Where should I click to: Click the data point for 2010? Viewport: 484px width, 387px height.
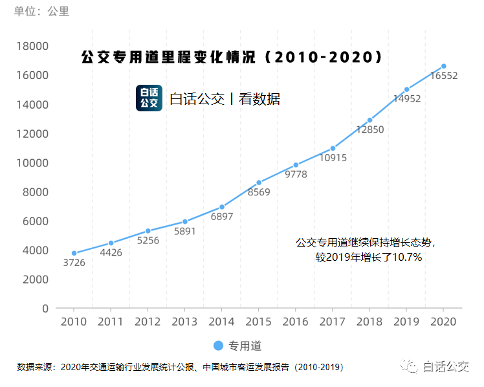[x=74, y=253]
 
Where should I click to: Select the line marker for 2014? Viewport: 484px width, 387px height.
[x=222, y=207]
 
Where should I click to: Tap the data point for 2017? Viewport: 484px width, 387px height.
[x=333, y=148]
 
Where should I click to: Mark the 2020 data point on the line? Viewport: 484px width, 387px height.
[x=444, y=66]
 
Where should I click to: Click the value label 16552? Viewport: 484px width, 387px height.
[x=444, y=76]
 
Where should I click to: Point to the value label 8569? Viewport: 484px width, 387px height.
[x=259, y=192]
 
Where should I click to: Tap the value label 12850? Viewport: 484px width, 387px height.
[x=370, y=129]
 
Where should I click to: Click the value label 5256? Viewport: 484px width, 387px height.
[x=148, y=241]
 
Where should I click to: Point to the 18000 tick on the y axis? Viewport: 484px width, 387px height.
[x=32, y=46]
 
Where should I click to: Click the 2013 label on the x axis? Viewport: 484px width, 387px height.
[x=184, y=322]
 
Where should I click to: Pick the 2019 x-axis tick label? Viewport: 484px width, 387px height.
[x=406, y=322]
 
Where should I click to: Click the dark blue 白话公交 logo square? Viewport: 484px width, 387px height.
[x=149, y=98]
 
